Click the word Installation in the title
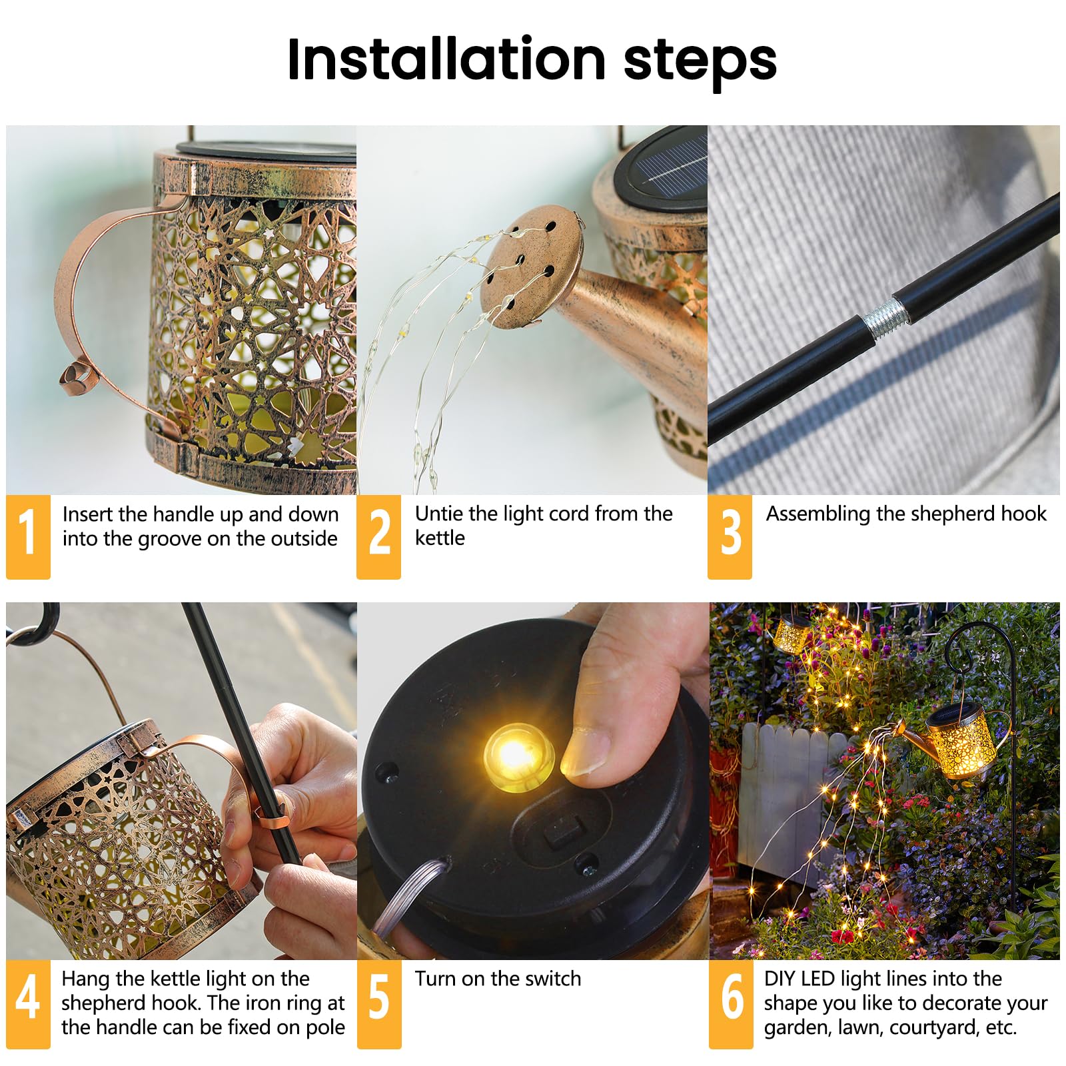point(446,59)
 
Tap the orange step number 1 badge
point(28,536)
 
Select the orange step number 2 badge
point(379,536)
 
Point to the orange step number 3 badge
point(730,536)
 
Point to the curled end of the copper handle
point(74,379)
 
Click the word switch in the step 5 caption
point(552,978)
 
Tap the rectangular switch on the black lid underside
point(559,833)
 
